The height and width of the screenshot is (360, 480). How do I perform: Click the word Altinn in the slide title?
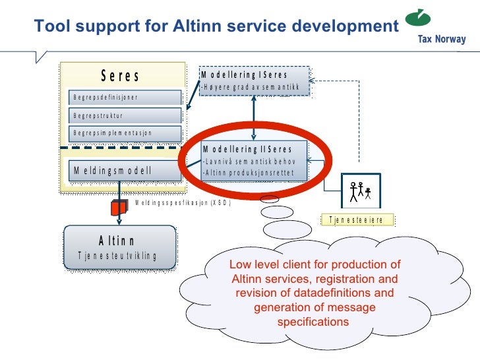coord(204,26)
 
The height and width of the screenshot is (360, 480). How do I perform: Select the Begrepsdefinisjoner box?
coord(125,98)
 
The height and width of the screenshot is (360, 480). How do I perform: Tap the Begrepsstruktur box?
coord(125,115)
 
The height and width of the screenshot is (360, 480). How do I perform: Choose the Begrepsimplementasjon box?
coord(125,133)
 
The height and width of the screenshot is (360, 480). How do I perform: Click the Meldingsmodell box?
coord(125,170)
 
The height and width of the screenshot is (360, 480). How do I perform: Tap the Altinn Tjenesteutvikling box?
coord(119,247)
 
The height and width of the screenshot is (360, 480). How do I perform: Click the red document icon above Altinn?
coord(118,208)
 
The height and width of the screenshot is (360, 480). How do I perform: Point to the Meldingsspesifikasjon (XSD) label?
coord(183,203)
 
